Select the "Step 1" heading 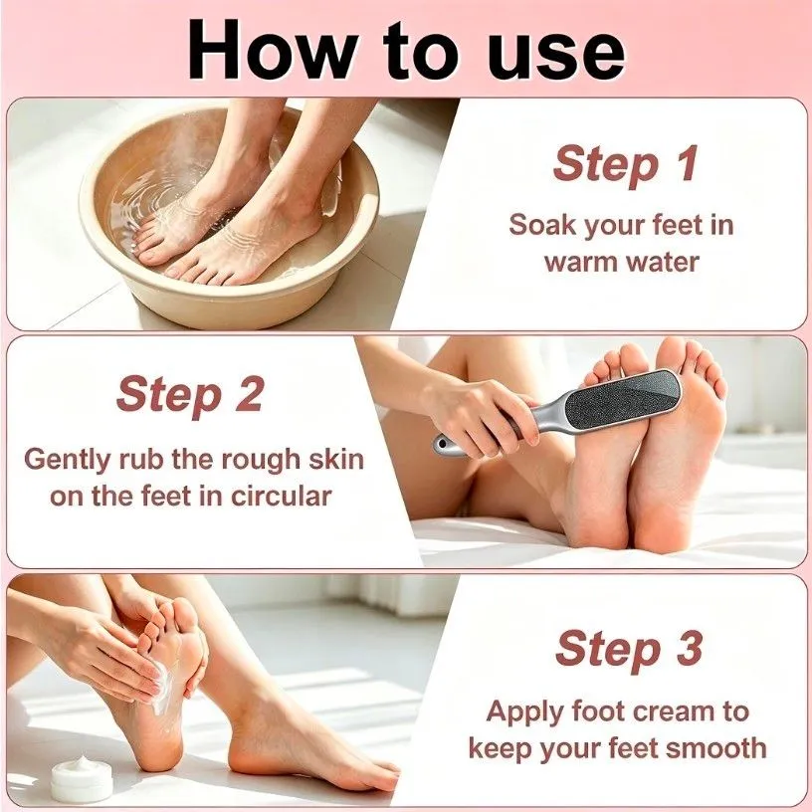coord(626,164)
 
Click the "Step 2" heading coord(190,395)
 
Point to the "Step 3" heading coord(629,649)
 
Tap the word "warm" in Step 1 coord(581,262)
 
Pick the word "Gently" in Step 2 coord(68,461)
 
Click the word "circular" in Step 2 coord(281,497)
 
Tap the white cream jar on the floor coord(82,778)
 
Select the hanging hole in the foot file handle coord(441,444)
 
